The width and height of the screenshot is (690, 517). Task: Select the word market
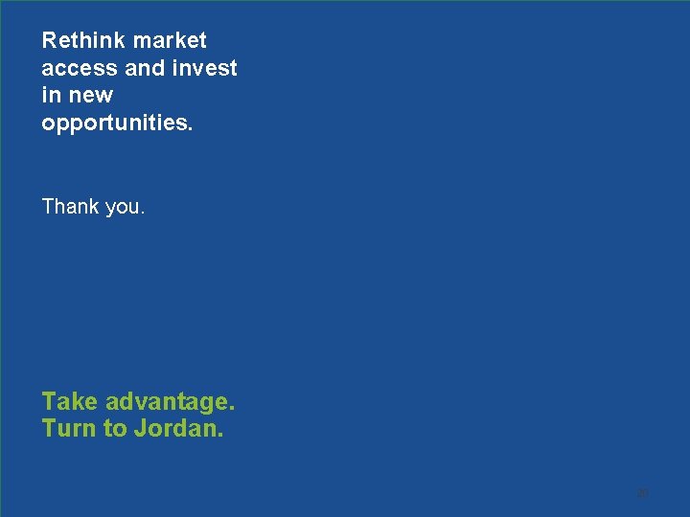(x=170, y=41)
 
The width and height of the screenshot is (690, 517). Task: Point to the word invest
(x=205, y=69)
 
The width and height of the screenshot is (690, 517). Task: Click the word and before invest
(x=146, y=69)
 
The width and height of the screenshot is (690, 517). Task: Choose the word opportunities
(x=115, y=124)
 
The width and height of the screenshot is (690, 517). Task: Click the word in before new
(x=51, y=96)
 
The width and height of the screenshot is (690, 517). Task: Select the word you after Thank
(x=124, y=208)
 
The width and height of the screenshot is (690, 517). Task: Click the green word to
(x=115, y=428)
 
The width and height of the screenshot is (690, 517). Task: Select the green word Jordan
(x=178, y=428)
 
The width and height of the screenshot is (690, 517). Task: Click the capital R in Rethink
(x=49, y=41)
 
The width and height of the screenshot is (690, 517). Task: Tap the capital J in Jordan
(x=140, y=428)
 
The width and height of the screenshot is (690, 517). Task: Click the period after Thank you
(x=143, y=212)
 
